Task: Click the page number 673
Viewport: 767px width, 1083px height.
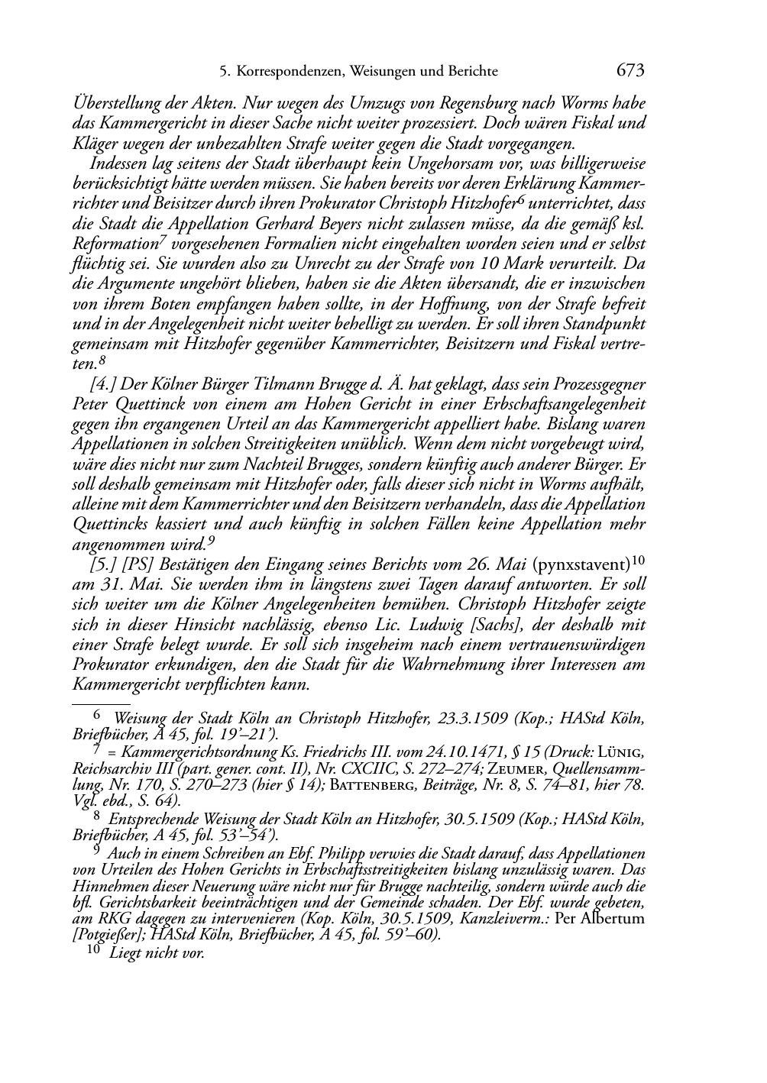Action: (630, 71)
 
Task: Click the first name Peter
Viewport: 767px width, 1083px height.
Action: (89, 404)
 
